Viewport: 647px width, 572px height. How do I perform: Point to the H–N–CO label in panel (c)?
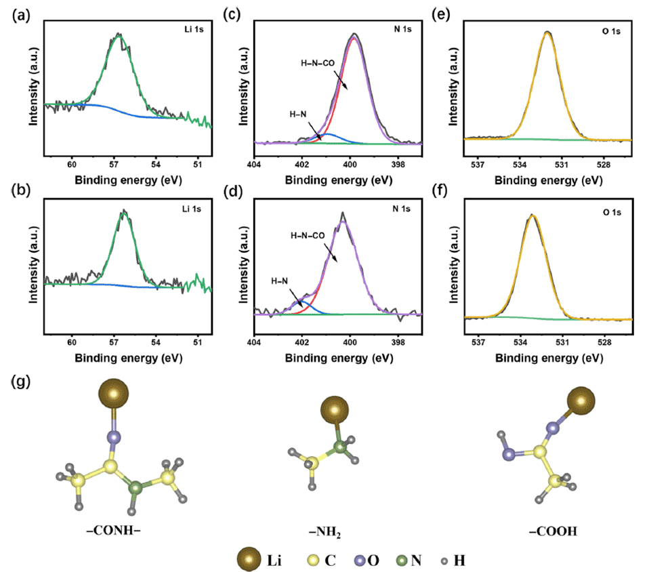[318, 63]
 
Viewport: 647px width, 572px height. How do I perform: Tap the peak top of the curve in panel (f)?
[532, 216]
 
